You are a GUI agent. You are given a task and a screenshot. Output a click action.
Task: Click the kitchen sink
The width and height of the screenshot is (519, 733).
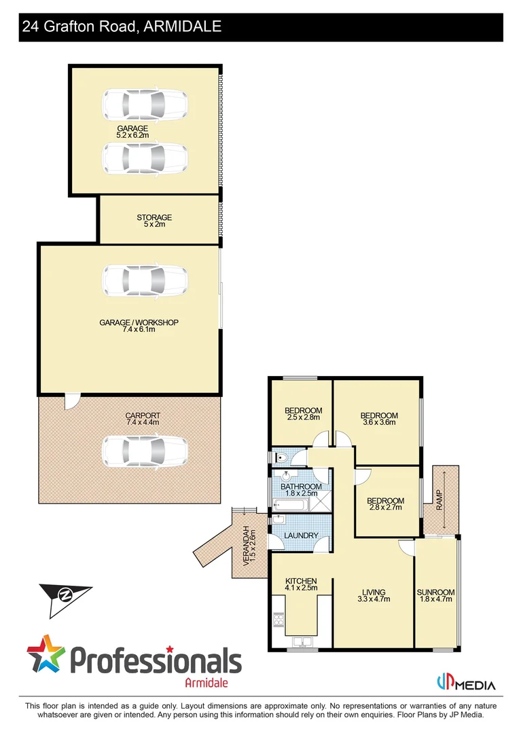[x=302, y=641]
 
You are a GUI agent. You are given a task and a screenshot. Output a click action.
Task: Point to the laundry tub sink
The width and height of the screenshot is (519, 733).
[x=278, y=521]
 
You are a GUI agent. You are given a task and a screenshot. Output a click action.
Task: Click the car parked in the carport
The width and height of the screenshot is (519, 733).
[x=143, y=450]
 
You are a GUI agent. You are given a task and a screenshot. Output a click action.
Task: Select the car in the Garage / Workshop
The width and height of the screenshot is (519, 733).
[x=143, y=279]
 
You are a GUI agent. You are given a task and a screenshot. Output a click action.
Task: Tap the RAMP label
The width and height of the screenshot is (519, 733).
[x=440, y=501]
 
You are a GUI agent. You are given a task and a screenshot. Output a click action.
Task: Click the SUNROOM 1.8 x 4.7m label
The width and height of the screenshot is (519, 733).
[x=435, y=595]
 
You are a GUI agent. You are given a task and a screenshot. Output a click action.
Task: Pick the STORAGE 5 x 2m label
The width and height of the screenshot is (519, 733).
[x=154, y=221]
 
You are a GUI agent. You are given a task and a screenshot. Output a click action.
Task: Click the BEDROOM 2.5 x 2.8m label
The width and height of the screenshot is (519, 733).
[x=302, y=414]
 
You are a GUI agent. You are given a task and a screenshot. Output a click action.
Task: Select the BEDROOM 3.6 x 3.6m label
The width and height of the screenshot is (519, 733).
[x=378, y=419]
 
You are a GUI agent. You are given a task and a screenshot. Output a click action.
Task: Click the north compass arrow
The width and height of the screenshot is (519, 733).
[x=65, y=595]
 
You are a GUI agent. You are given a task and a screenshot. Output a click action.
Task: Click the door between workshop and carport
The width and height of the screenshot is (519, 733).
[x=72, y=402]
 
